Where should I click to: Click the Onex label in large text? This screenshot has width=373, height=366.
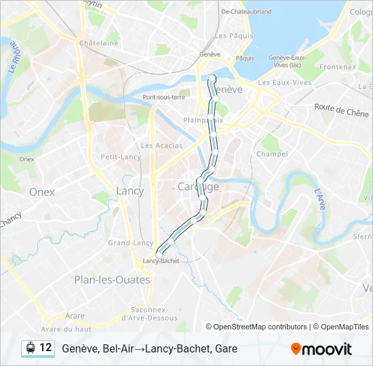(42, 192)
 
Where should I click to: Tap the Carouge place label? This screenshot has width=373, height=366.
(198, 186)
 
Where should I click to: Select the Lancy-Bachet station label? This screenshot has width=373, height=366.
(161, 260)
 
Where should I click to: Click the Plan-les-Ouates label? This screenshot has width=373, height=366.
(112, 279)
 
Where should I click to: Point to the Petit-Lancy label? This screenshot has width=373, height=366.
(121, 157)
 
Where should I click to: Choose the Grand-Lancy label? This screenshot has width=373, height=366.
(131, 243)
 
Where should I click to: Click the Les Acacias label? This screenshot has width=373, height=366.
(161, 146)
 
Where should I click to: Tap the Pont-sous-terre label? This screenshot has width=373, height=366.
(163, 97)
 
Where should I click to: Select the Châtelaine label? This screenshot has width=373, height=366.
(98, 42)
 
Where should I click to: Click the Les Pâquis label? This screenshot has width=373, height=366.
(229, 35)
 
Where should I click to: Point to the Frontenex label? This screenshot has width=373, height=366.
(338, 68)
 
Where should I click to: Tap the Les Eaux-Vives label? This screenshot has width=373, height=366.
(285, 83)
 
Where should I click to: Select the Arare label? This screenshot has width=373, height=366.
(75, 316)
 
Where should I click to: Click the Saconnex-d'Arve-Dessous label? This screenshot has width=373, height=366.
(149, 314)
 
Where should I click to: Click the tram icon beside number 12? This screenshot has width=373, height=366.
(31, 348)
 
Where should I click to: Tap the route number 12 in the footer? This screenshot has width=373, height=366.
(45, 348)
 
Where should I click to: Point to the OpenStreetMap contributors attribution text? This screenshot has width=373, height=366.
(260, 327)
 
